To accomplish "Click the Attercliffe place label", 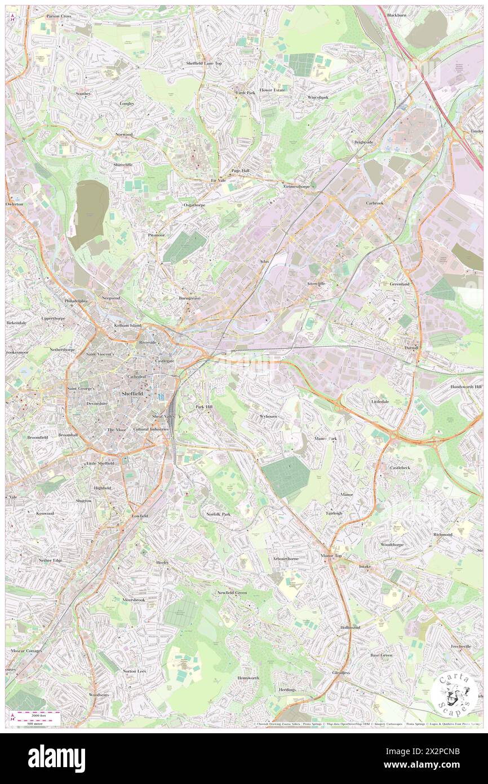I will point(316,283).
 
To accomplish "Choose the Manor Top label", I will point(331,556).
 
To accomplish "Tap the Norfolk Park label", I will point(219,514).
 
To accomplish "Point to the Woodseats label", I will point(99,694).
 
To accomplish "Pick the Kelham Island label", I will point(128,325).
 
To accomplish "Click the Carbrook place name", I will point(375,202).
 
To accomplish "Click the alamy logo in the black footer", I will point(56,758).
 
